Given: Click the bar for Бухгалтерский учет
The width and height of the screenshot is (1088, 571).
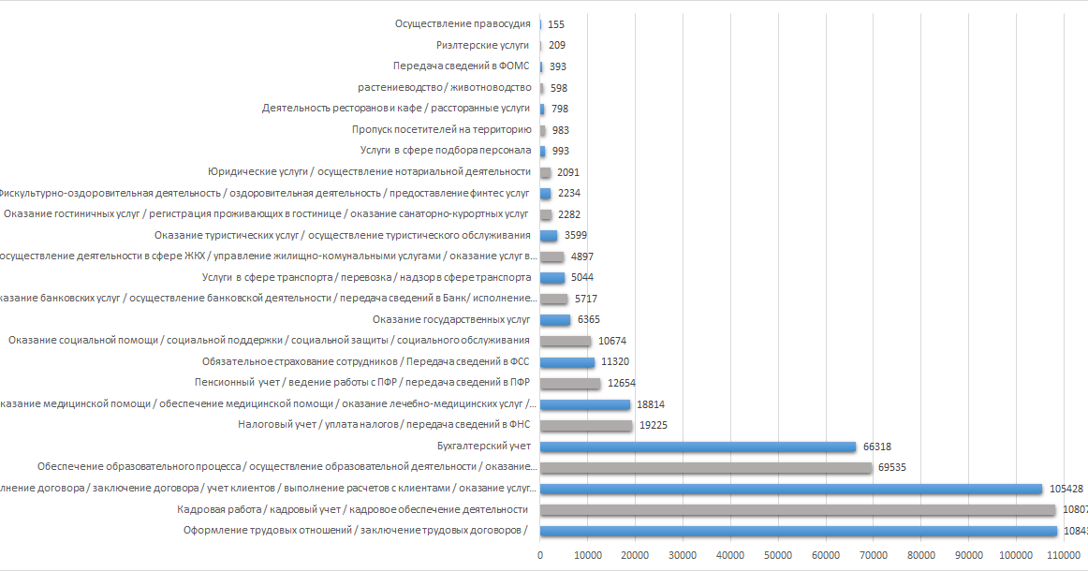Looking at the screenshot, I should coord(698,447).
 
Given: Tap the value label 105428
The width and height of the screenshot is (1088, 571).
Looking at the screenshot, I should coord(1067,489).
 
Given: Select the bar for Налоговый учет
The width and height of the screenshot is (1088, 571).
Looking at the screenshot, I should coord(586,425).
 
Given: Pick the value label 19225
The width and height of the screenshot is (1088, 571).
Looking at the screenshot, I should coord(654,425).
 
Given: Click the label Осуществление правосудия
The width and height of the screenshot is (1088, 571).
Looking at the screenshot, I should coord(463,23).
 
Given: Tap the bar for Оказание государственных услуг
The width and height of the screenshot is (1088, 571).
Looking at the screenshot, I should coord(555,320).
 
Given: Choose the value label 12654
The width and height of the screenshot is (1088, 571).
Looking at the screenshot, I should coord(622,383).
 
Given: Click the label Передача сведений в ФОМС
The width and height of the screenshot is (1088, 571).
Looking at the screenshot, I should coord(462,66).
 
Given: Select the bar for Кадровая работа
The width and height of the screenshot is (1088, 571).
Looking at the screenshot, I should coord(798,510).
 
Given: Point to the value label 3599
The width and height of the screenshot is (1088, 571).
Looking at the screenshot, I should coord(576,235).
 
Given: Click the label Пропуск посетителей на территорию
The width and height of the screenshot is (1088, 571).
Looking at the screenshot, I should coord(441,130).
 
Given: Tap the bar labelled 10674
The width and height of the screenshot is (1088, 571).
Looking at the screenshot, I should coord(566,341).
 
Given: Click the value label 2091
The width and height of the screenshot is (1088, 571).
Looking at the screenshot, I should coord(568,172).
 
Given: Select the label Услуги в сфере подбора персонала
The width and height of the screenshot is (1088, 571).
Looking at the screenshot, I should coord(446,151).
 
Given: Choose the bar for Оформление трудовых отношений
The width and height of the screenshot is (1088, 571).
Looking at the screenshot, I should coord(799,531).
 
